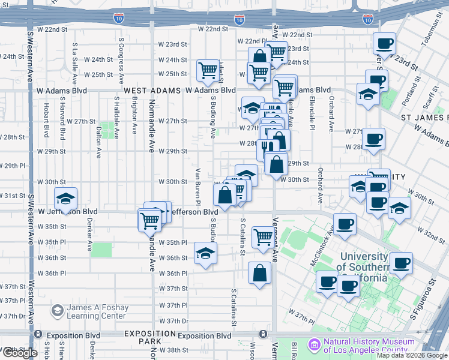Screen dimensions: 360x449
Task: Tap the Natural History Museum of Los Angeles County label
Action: tap(369, 346)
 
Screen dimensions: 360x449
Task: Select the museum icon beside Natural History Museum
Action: tap(313, 346)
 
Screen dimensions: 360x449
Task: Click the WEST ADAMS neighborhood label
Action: tap(152, 91)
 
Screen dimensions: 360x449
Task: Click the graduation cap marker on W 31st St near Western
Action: tap(65, 198)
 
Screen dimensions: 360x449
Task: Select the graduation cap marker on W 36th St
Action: tap(205, 252)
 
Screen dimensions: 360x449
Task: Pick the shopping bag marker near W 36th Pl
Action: tap(259, 273)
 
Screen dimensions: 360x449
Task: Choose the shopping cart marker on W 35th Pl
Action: tap(262, 236)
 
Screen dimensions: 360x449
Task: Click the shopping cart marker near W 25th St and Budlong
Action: tap(208, 70)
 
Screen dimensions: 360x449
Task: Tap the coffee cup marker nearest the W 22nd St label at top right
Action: tap(384, 43)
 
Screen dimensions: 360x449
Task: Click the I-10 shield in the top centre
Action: tap(240, 20)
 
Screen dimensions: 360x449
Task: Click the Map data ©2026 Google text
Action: tap(411, 355)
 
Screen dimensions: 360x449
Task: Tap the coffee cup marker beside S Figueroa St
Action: tap(401, 262)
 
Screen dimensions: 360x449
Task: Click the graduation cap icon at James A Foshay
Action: tap(57, 311)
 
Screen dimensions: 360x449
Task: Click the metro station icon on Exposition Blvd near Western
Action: tap(38, 334)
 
